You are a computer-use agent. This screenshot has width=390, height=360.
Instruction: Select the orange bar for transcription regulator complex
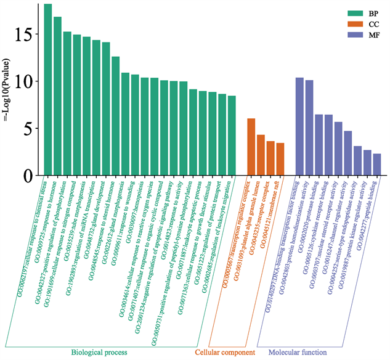coord(251,147)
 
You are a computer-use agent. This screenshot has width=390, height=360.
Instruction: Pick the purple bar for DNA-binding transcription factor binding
coord(299,127)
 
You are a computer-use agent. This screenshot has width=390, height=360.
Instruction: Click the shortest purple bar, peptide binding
coord(377,165)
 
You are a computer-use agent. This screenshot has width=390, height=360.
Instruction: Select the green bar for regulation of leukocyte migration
coord(232,136)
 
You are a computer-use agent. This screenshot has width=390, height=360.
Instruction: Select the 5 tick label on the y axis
coord(28,129)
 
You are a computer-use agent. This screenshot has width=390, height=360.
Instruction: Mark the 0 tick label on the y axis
coord(28,176)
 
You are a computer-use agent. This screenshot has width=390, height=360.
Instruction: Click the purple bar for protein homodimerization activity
coord(309,128)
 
